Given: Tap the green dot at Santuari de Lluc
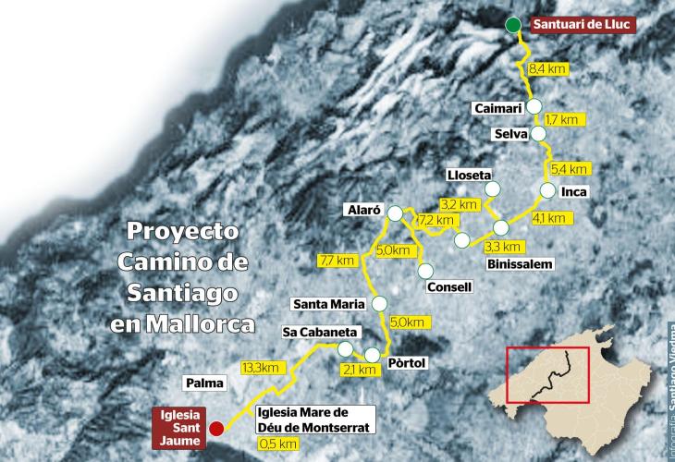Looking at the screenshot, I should [x=513, y=25].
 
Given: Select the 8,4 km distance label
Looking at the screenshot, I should [x=546, y=69].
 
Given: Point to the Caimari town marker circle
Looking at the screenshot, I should [x=534, y=107].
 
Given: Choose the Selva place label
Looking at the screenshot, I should [x=509, y=134].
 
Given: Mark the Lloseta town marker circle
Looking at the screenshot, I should [x=492, y=189].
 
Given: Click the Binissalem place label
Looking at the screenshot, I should [x=519, y=264].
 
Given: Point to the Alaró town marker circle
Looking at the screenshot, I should [x=395, y=213].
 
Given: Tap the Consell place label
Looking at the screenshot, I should [x=450, y=286].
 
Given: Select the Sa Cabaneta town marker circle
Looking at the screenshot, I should [x=345, y=348].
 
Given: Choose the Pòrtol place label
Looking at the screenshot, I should [x=407, y=363].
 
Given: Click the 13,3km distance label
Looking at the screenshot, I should [x=260, y=368].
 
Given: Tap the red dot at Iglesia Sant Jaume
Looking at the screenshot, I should [x=216, y=428].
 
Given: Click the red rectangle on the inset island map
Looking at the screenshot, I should [x=548, y=374].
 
